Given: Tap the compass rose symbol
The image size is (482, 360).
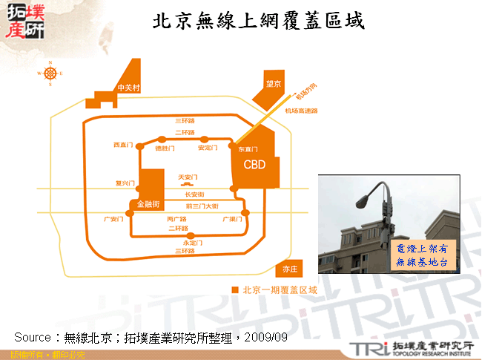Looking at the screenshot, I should tap(50, 73).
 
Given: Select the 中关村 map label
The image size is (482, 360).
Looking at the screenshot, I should tap(128, 88).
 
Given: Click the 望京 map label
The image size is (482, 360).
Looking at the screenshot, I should tap(274, 84).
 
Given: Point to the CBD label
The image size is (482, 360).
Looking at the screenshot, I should tap(254, 164).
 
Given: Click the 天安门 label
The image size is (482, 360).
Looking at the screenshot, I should tap(187, 177).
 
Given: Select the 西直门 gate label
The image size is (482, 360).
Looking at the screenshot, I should tap(122, 144).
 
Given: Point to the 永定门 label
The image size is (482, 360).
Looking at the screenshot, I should tap(191, 242).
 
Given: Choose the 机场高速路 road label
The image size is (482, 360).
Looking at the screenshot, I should tap(300, 111).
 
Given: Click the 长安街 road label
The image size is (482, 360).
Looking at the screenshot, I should tap(194, 194).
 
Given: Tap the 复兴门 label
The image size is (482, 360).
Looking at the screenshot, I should tap(123, 182).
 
